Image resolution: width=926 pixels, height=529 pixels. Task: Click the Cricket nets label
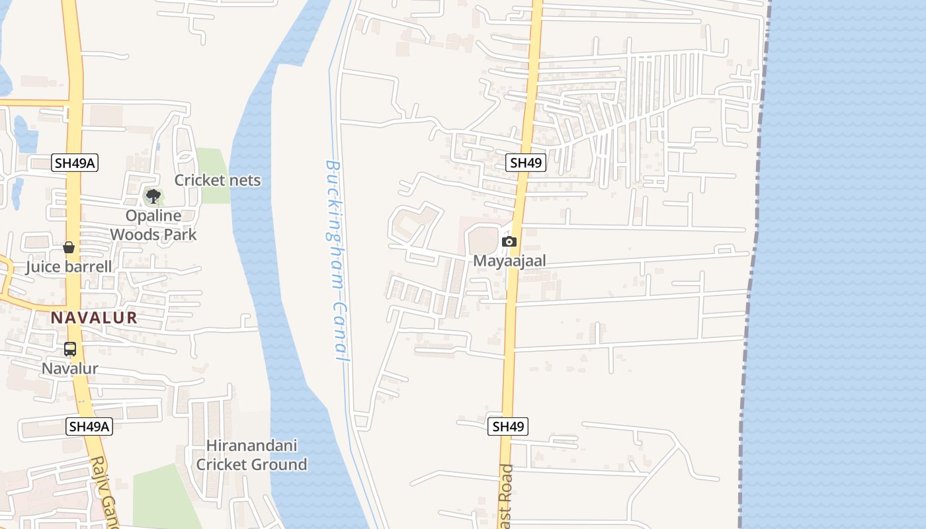[218, 181]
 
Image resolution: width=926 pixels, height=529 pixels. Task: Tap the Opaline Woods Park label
[153, 225]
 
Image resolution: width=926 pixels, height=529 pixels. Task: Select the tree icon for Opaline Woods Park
[153, 196]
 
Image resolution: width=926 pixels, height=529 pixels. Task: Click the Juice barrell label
[69, 267]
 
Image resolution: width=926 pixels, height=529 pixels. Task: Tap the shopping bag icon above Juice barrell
[69, 247]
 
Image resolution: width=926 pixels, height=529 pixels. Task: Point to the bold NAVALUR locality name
[95, 317]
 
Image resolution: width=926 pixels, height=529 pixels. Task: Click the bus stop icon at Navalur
[70, 349]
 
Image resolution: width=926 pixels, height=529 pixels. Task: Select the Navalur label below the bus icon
[70, 368]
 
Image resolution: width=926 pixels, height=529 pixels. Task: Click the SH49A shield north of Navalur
[75, 163]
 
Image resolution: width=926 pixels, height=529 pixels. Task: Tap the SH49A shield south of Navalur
[90, 427]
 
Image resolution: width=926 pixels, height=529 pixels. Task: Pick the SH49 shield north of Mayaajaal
[526, 163]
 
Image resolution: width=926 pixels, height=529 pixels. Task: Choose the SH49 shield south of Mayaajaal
[508, 427]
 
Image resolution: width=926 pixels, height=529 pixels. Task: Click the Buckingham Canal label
[337, 259]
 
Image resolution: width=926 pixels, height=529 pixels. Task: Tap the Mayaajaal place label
[509, 261]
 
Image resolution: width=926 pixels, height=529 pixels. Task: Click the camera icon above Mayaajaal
[509, 242]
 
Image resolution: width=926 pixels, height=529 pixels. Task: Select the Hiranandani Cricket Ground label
[251, 455]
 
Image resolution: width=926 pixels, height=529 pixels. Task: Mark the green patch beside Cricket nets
[213, 162]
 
